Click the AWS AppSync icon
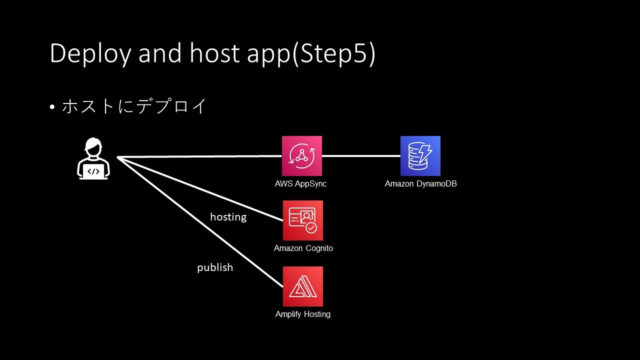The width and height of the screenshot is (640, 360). pyautogui.click(x=301, y=156)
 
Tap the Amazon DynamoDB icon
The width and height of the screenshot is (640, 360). pyautogui.click(x=420, y=156)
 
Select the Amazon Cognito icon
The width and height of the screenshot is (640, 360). pyautogui.click(x=303, y=220)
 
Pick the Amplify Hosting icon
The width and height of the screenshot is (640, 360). pyautogui.click(x=303, y=286)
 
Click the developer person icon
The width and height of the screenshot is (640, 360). pyautogui.click(x=93, y=158)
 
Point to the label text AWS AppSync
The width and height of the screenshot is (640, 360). pyautogui.click(x=300, y=183)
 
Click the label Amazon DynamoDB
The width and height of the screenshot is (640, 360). pyautogui.click(x=420, y=183)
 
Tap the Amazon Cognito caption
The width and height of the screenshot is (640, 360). pyautogui.click(x=303, y=248)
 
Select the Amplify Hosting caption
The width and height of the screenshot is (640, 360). pyautogui.click(x=303, y=314)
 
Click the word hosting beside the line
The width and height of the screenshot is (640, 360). pyautogui.click(x=228, y=217)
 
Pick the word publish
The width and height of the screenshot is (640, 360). pyautogui.click(x=215, y=267)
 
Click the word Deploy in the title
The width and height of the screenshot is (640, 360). pyautogui.click(x=90, y=53)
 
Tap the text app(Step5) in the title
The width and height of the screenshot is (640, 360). pyautogui.click(x=311, y=53)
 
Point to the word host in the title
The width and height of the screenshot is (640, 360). pyautogui.click(x=214, y=52)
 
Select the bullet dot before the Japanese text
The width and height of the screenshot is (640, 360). pyautogui.click(x=52, y=107)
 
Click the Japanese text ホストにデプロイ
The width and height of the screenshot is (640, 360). pyautogui.click(x=134, y=106)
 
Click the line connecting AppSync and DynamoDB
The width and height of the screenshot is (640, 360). pyautogui.click(x=361, y=156)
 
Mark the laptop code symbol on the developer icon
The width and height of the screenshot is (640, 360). pyautogui.click(x=93, y=171)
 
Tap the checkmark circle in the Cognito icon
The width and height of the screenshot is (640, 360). pyautogui.click(x=311, y=228)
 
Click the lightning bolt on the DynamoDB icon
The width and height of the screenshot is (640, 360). pyautogui.click(x=425, y=153)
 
